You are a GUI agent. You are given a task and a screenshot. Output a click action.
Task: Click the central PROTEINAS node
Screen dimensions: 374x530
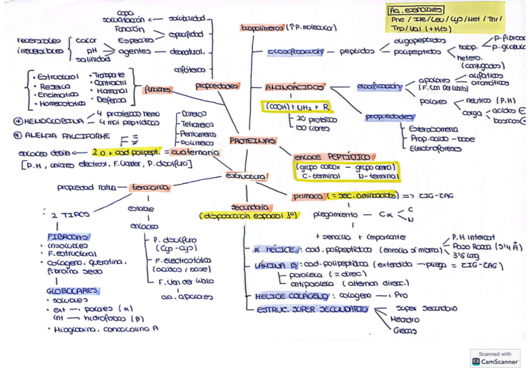click(x=252, y=141)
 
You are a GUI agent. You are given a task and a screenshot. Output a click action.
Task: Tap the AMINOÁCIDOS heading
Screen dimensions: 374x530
click(x=294, y=87)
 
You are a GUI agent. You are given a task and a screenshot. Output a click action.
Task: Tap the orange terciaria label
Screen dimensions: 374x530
click(x=150, y=187)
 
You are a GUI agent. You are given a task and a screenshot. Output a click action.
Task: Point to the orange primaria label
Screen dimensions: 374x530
click(x=307, y=196)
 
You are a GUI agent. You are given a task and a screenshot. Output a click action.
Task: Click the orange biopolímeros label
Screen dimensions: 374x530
click(x=262, y=27)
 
